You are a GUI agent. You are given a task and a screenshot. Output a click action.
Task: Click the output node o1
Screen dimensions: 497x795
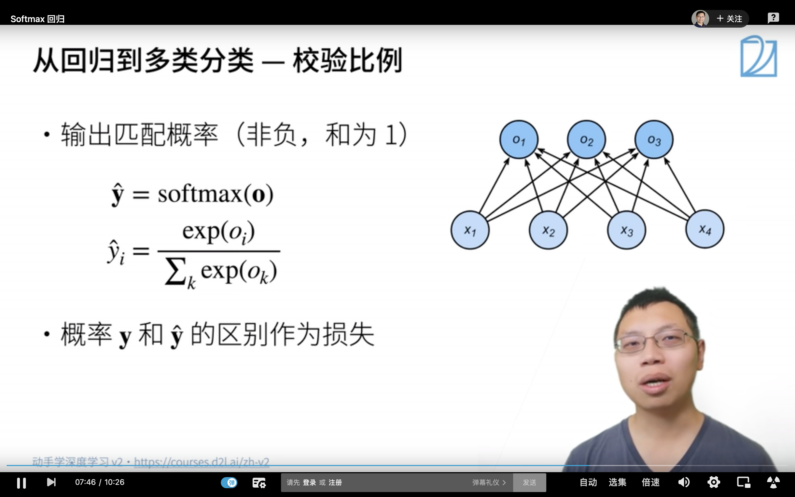pos(519,140)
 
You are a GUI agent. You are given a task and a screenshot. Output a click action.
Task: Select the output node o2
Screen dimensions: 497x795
pos(586,140)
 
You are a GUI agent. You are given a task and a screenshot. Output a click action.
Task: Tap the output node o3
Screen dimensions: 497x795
pos(654,140)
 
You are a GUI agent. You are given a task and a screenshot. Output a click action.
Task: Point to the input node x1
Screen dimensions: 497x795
pos(470,230)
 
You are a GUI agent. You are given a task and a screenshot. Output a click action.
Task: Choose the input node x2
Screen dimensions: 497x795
pos(548,230)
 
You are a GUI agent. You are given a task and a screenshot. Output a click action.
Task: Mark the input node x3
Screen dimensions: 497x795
pos(626,230)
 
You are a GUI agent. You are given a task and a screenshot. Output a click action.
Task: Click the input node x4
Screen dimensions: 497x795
pos(705,229)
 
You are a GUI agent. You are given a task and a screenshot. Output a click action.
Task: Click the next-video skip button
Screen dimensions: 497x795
pos(51,482)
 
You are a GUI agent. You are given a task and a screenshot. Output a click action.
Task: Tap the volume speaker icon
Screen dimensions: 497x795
pos(684,482)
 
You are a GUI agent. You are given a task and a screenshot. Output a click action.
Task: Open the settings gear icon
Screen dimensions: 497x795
pos(714,482)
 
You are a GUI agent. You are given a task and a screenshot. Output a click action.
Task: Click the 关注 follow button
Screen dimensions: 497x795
pos(729,19)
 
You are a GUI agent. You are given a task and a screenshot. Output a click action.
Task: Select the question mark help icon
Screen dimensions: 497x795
pos(773,18)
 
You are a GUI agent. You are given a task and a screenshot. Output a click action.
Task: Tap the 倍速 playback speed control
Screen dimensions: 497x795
pos(650,482)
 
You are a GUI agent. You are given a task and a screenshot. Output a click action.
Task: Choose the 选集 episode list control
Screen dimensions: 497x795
pos(617,482)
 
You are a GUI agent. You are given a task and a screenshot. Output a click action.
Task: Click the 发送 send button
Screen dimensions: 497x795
pos(529,482)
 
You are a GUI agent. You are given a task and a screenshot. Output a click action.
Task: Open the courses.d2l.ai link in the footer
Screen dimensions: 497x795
pos(202,462)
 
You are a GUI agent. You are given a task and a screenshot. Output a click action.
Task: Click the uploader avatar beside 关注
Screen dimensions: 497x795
pos(700,19)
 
